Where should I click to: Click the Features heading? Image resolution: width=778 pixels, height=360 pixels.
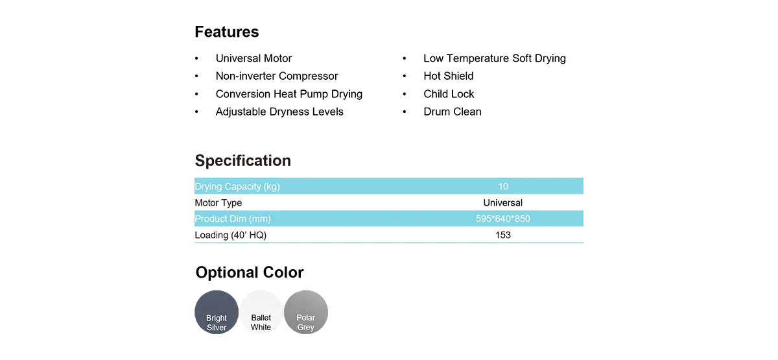[227, 32]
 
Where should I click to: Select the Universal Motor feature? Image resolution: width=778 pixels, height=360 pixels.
[253, 58]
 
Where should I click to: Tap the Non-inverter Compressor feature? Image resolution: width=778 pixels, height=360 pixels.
[276, 76]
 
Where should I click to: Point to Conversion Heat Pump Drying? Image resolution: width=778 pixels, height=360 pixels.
[289, 94]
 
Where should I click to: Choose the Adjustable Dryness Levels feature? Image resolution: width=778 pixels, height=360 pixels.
[279, 112]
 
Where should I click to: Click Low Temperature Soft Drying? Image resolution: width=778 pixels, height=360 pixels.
[495, 58]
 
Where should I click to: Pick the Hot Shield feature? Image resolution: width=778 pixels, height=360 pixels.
[449, 76]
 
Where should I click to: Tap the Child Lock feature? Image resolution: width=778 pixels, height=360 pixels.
[449, 94]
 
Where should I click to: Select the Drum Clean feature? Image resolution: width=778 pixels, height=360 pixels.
[453, 112]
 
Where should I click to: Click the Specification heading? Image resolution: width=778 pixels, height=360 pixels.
[242, 161]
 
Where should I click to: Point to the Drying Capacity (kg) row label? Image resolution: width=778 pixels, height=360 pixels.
[237, 187]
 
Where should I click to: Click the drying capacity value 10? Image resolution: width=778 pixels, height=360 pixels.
[503, 187]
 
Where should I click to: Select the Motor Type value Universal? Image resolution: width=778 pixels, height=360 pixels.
[503, 203]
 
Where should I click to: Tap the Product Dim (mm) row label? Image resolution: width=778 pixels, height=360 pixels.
[233, 219]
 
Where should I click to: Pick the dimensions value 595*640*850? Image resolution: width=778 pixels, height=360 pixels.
[503, 219]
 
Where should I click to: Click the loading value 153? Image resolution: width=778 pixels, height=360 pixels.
[503, 235]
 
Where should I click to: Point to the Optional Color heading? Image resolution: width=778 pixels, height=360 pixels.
[250, 272]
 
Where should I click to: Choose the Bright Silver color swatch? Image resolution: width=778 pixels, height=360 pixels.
[217, 312]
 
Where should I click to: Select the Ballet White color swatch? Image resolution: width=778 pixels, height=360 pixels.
[261, 312]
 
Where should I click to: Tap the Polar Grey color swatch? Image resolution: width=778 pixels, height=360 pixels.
[305, 312]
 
